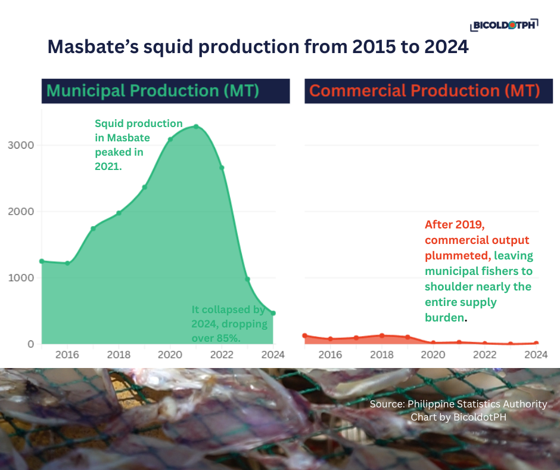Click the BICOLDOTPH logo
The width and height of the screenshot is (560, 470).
pos(504,25)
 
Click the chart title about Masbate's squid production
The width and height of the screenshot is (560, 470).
pos(258,47)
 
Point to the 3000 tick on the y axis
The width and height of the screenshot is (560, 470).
pos(21,145)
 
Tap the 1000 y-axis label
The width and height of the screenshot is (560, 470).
pos(21,277)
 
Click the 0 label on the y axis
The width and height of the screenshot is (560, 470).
pos(31,344)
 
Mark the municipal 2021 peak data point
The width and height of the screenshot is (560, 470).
pos(196,126)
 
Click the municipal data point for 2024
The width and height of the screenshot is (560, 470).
pos(273,313)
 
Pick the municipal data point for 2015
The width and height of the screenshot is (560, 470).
pos(42,261)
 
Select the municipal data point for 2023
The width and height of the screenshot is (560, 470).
pos(247,279)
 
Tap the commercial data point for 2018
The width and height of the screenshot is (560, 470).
pos(382,336)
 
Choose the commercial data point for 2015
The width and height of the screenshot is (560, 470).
pos(304,336)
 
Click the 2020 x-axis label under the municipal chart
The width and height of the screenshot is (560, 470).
pos(170,355)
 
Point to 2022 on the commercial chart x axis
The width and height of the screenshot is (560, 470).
pos(485,355)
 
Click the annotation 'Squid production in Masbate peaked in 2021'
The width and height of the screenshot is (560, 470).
pos(139,145)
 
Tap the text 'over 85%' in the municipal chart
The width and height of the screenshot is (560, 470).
pos(216,338)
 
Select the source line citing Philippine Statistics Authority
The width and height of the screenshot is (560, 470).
pos(458,404)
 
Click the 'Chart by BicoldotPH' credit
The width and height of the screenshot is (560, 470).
pos(459,417)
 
